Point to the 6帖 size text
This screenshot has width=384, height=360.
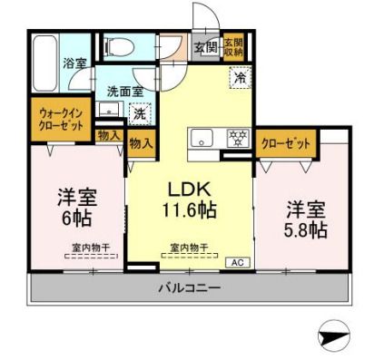coord(77,219)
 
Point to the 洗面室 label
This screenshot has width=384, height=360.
coord(124,91)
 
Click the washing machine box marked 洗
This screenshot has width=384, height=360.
coord(139,114)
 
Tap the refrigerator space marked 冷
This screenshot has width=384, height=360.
coord(240,78)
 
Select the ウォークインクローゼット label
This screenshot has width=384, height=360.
coord(60,121)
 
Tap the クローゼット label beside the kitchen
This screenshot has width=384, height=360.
coord(285,143)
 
